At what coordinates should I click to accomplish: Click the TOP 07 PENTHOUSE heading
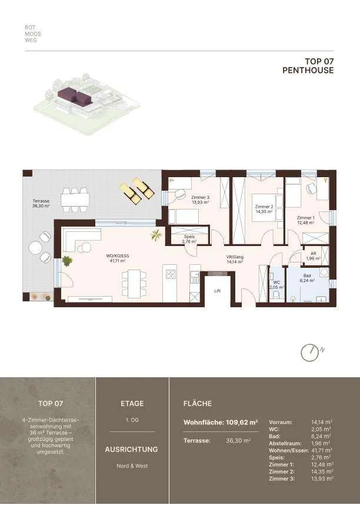click(x=308, y=66)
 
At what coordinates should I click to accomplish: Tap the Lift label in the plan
click(x=218, y=291)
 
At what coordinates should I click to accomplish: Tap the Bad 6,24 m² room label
click(x=307, y=278)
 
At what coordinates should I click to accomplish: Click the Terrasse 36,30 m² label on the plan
click(x=41, y=203)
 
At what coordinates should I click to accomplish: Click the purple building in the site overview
click(x=75, y=96)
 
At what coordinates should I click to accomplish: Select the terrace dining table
click(x=75, y=200)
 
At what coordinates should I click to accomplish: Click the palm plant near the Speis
click(x=156, y=235)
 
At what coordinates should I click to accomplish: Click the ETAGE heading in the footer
click(x=132, y=404)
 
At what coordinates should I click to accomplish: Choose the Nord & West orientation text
click(x=132, y=466)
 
